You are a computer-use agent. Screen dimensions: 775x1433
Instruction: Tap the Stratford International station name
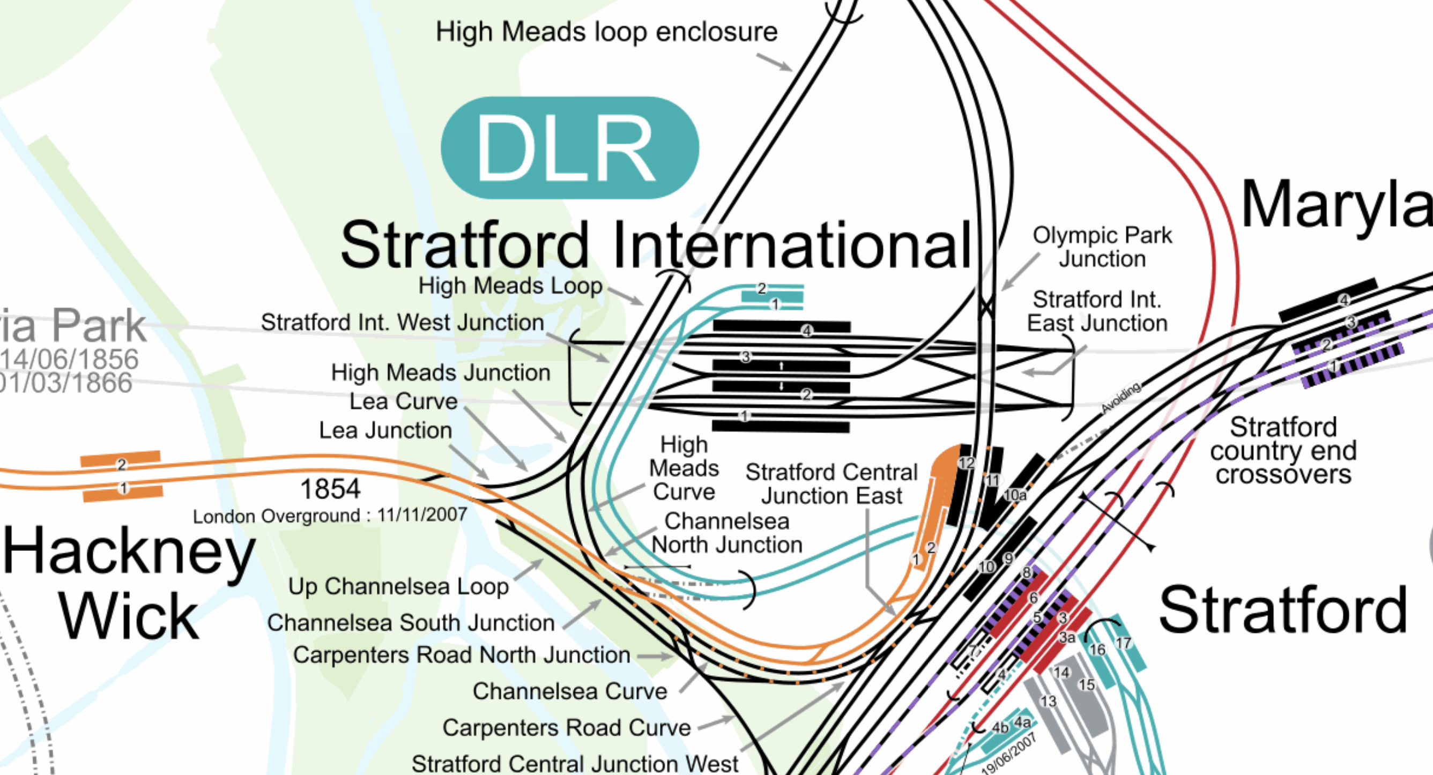coord(656,245)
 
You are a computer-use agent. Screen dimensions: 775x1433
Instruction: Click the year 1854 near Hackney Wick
coord(330,489)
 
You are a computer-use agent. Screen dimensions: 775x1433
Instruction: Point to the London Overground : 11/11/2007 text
coord(330,516)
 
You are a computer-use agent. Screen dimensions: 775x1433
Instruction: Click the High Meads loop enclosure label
coord(606,32)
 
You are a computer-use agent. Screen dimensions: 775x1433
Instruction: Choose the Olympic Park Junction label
coord(1102,247)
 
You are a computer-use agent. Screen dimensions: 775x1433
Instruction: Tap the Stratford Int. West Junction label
coord(402,323)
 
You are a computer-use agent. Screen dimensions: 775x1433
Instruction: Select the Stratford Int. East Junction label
coord(1096,311)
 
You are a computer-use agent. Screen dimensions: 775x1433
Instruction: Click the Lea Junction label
coord(385,430)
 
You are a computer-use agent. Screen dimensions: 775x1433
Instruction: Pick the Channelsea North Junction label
coord(726,533)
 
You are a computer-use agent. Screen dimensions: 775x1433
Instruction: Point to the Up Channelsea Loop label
coord(398,586)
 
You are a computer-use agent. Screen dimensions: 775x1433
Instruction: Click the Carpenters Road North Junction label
coord(461,655)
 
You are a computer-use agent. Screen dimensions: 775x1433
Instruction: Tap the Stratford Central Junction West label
coord(575,763)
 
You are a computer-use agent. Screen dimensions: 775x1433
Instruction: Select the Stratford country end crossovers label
coord(1283,451)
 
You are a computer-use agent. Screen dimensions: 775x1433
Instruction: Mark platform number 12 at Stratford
coord(966,463)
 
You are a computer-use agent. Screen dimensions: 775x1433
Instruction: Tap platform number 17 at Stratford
coord(1123,643)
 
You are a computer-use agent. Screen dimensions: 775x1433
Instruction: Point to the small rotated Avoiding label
coord(1121,397)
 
